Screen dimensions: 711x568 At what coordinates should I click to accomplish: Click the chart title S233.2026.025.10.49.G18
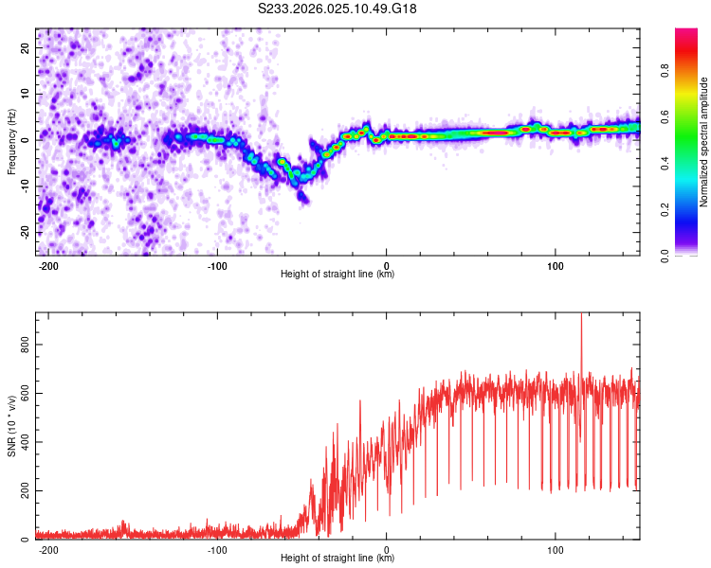[x=337, y=9]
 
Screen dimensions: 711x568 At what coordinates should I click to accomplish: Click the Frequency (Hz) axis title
[x=11, y=142]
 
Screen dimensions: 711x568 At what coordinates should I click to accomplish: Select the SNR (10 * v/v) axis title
[x=11, y=426]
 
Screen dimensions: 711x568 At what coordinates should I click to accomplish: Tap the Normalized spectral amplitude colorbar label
[x=703, y=142]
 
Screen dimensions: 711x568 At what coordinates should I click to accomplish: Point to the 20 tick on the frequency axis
[x=25, y=47]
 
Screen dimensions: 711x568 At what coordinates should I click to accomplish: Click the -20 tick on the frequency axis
[x=25, y=232]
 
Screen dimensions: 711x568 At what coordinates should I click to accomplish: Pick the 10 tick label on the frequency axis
[x=25, y=94]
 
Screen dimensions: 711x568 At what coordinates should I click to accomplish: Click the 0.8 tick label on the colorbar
[x=665, y=71]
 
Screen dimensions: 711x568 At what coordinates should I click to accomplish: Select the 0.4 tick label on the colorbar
[x=665, y=163]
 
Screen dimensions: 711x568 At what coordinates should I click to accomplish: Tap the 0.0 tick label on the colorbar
[x=665, y=256]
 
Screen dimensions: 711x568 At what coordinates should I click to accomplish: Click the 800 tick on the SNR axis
[x=25, y=345]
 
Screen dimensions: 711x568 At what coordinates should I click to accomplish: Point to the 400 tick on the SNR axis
[x=25, y=442]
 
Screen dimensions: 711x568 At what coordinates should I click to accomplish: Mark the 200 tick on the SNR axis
[x=25, y=490]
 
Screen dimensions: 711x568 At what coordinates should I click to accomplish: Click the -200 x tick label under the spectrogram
[x=48, y=266]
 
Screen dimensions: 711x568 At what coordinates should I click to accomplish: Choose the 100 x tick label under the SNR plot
[x=555, y=550]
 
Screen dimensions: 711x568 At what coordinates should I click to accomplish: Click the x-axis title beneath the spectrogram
[x=337, y=274]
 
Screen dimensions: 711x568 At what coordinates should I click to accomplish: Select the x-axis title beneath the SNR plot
[x=337, y=558]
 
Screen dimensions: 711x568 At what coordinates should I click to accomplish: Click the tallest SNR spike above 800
[x=581, y=317]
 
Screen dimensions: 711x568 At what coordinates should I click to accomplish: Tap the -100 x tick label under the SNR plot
[x=217, y=550]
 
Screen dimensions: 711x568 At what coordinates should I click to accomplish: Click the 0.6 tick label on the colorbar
[x=665, y=116]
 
